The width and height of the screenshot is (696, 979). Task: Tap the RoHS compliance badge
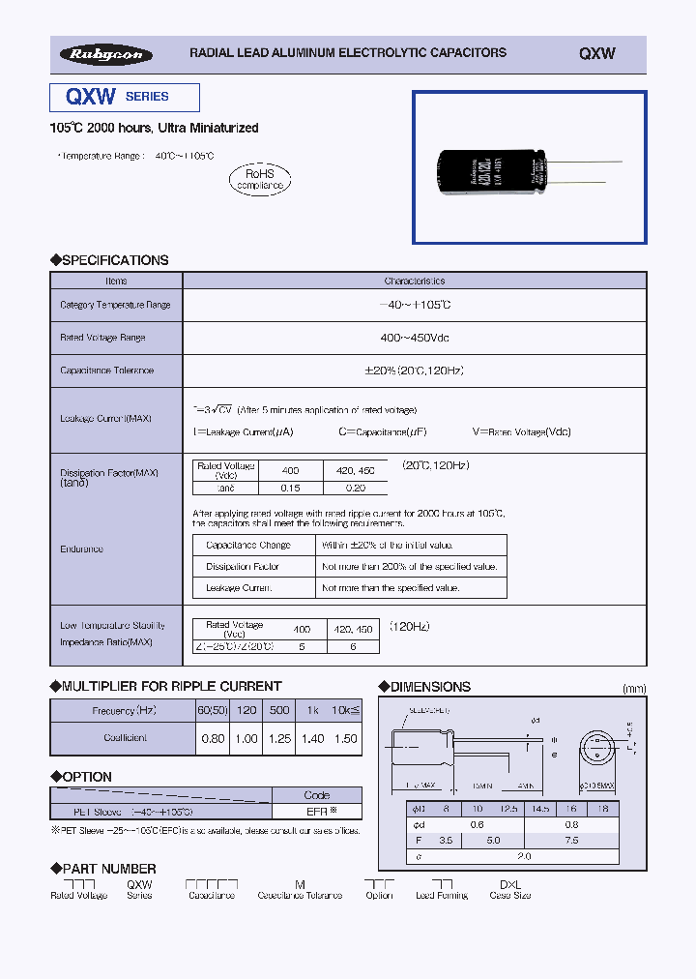coord(258,178)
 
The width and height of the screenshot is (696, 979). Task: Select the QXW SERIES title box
coord(125,97)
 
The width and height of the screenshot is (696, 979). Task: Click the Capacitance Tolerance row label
coord(106,371)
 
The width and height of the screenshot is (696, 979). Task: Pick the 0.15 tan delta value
coord(291,488)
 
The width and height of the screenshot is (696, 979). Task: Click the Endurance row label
coord(81,549)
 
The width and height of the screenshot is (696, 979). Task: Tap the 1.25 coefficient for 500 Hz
coord(279,738)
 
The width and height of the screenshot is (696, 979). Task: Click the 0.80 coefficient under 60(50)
coord(212,738)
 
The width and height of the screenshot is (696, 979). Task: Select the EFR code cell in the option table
coord(318,812)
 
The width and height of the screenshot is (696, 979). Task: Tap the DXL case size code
coord(509,884)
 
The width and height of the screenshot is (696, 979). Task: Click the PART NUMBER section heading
coord(102,869)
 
